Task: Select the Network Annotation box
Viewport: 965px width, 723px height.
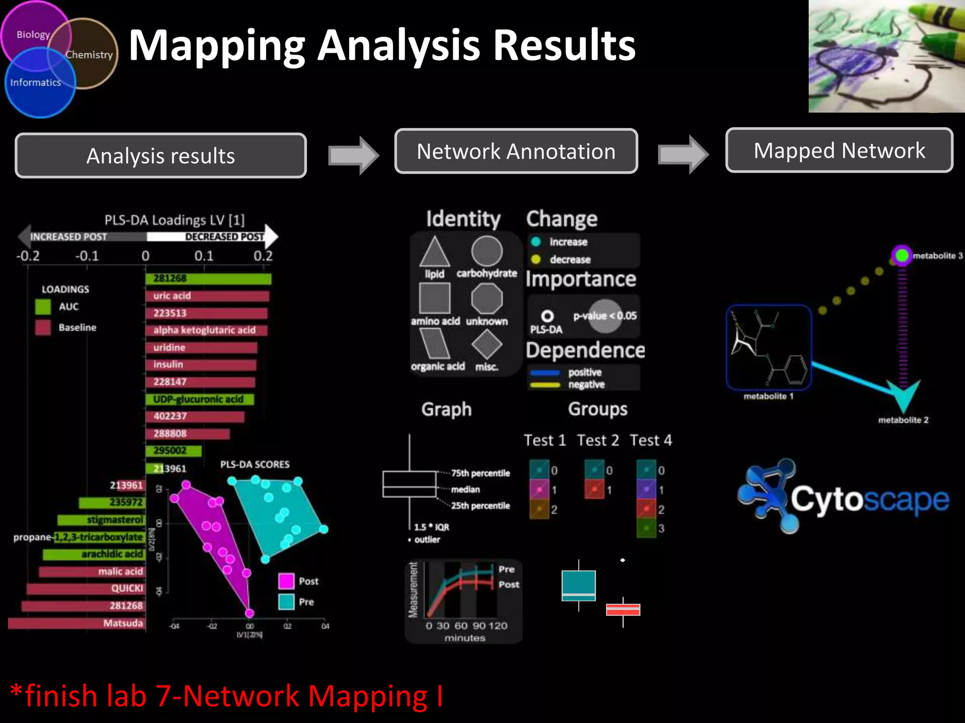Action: coord(516,152)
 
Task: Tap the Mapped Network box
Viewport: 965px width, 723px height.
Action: coord(839,151)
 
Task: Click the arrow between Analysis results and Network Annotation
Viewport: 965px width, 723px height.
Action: coord(353,155)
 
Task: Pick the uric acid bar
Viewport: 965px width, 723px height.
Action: coord(207,296)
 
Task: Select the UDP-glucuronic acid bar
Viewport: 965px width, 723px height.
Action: coord(200,400)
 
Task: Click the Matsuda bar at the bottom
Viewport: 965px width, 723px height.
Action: coord(75,623)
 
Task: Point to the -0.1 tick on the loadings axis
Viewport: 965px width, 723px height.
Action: coord(87,257)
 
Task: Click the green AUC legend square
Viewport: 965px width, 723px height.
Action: coord(43,307)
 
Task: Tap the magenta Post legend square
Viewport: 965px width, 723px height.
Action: coord(286,581)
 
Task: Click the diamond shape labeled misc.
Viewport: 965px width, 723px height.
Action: coord(487,344)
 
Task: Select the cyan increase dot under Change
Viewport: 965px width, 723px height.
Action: coord(536,242)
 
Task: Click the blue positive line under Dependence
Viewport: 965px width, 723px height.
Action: coord(545,373)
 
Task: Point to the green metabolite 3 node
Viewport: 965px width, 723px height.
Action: coord(901,256)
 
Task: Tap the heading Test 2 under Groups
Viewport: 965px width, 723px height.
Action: coord(598,441)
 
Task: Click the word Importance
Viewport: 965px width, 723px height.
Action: coord(581,280)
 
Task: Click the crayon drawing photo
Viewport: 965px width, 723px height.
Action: coord(886,56)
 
